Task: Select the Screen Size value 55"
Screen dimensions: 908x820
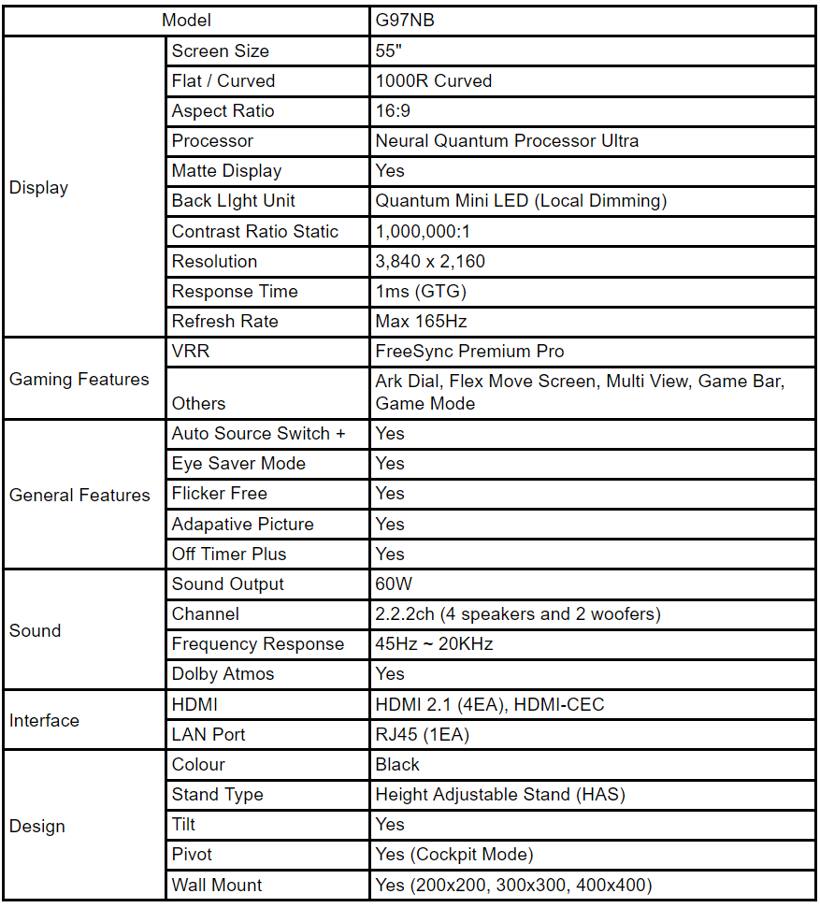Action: tap(388, 50)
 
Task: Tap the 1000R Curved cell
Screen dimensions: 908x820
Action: tap(433, 80)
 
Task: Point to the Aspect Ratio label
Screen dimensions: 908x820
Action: tap(223, 110)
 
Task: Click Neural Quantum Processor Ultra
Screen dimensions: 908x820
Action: tap(507, 141)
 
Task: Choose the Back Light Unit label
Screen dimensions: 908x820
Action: tap(233, 201)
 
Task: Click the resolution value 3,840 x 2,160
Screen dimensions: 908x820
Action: tap(430, 261)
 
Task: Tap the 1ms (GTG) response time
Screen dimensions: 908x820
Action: tap(421, 291)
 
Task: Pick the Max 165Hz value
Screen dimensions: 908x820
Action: tap(420, 321)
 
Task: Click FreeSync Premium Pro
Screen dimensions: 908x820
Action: tap(469, 352)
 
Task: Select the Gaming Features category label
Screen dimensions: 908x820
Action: tap(79, 379)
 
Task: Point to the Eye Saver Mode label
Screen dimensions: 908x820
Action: tap(238, 464)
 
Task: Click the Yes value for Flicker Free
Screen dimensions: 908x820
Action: tap(390, 494)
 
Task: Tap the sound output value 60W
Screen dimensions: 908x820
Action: tap(394, 584)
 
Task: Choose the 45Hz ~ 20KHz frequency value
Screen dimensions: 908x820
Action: tap(434, 644)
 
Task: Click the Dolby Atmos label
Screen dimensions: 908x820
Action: tap(223, 674)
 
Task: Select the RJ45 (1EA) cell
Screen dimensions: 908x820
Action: tap(422, 735)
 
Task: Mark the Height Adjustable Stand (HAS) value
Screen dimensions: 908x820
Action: tap(500, 795)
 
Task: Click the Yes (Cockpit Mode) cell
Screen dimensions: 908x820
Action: tap(453, 855)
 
